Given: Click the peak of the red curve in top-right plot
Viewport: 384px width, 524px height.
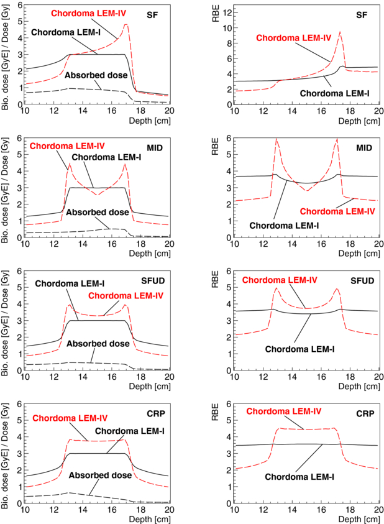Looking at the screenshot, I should [x=340, y=32].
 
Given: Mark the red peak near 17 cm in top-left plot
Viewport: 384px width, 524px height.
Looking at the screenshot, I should [x=126, y=25].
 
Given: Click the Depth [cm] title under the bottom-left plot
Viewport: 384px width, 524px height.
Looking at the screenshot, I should [x=152, y=518].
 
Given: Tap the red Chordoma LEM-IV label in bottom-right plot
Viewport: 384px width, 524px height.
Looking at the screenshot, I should [x=284, y=411].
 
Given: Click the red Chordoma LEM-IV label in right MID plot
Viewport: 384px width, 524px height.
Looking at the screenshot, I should [x=343, y=211].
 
